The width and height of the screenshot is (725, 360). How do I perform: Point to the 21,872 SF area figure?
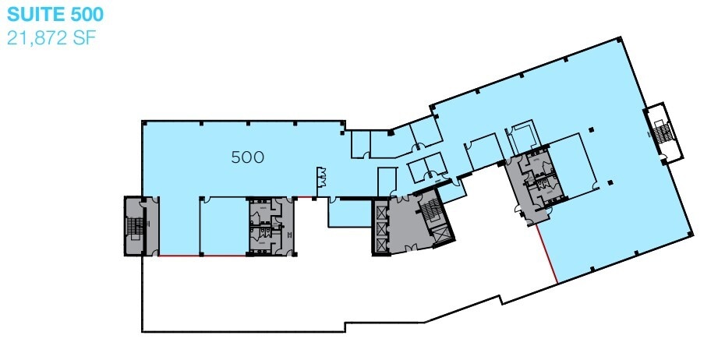[x=51, y=37]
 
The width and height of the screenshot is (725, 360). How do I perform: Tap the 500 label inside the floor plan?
[x=247, y=157]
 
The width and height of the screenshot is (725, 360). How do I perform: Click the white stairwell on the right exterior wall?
[x=662, y=133]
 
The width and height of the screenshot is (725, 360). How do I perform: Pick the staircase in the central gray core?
[x=430, y=212]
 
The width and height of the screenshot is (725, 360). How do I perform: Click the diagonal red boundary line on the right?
[x=546, y=254]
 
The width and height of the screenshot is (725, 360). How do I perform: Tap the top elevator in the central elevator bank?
[x=380, y=211]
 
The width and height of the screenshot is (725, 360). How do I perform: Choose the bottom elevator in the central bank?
[x=380, y=242]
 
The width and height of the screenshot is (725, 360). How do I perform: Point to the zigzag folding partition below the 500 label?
[x=320, y=178]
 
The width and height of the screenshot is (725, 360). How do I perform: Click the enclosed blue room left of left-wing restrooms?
[x=223, y=226]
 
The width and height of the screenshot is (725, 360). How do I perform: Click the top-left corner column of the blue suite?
[x=143, y=122]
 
